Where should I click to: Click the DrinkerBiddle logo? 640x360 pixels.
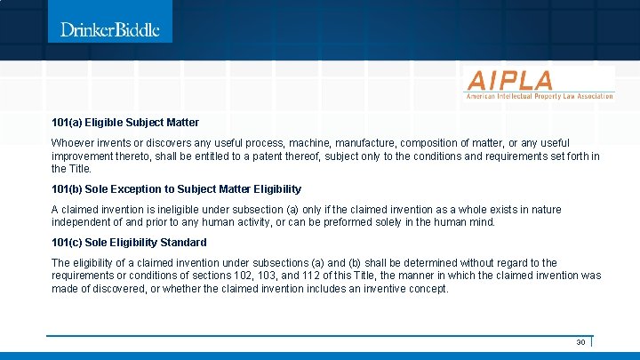[x=110, y=29]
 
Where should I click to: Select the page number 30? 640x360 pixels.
[x=580, y=342]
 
